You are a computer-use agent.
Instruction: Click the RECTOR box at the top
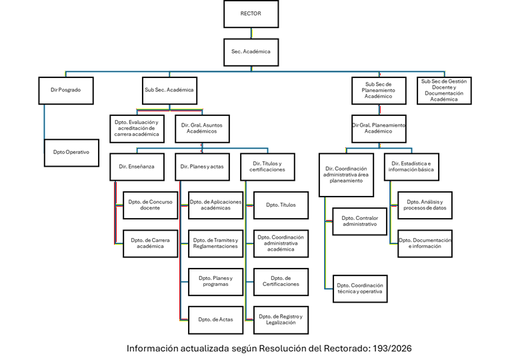pyautogui.click(x=251, y=14)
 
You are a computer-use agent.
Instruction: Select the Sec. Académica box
pyautogui.click(x=251, y=51)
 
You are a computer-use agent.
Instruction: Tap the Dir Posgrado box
pyautogui.click(x=65, y=90)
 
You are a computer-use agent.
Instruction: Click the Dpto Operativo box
pyautogui.click(x=71, y=152)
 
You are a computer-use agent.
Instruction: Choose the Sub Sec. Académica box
pyautogui.click(x=169, y=90)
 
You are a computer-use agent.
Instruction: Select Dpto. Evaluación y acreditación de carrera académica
pyautogui.click(x=137, y=128)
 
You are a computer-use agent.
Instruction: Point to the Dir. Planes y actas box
pyautogui.click(x=201, y=167)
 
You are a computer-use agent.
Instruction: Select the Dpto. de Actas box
pyautogui.click(x=215, y=319)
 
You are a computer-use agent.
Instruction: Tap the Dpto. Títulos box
pyautogui.click(x=281, y=205)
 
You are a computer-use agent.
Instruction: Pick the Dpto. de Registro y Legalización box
pyautogui.click(x=281, y=319)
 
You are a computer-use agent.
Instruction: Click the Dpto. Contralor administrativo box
pyautogui.click(x=359, y=221)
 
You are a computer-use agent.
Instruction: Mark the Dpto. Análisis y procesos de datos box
pyautogui.click(x=425, y=205)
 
